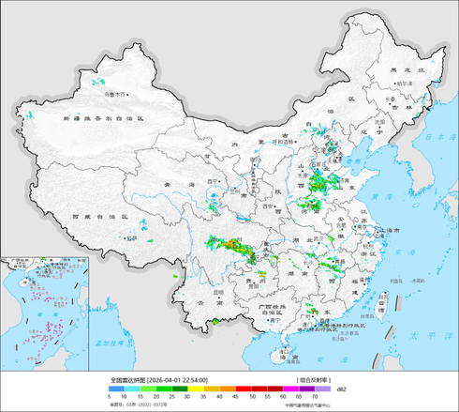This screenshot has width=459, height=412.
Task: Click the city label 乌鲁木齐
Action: [114, 94]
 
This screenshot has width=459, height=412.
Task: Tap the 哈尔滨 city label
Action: [405, 84]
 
